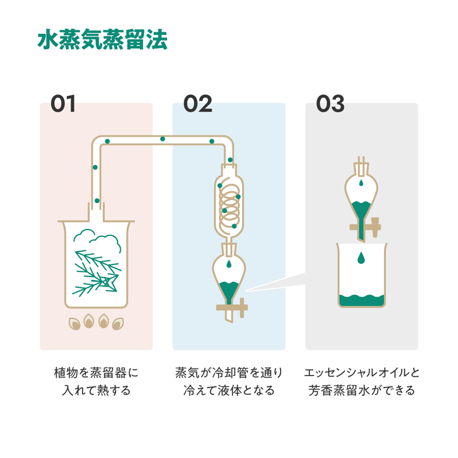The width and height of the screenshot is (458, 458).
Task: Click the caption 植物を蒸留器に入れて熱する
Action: (96, 382)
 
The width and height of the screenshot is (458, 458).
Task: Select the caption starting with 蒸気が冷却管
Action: (229, 382)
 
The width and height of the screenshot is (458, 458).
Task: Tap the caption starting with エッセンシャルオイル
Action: (362, 382)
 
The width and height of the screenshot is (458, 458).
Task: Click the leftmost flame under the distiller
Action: (74, 323)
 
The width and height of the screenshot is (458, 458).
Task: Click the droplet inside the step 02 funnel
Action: (229, 264)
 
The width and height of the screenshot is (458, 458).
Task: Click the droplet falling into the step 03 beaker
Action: (361, 259)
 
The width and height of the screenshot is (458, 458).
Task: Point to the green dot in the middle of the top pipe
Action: (163, 139)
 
